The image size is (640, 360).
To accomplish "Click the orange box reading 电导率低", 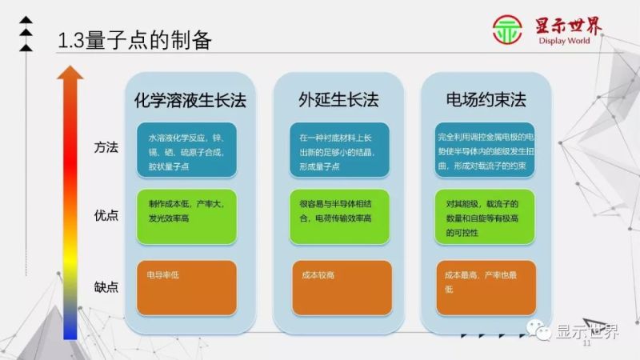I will tap(186, 287).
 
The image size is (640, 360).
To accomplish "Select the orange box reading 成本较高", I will tap(339, 287).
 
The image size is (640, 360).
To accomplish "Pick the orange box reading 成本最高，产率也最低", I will tap(486, 287).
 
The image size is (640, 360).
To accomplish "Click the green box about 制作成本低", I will tap(186, 217).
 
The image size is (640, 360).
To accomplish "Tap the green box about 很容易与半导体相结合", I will tap(339, 217).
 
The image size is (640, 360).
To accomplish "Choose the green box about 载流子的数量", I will tap(486, 217).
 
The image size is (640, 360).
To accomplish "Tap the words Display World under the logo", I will tap(569, 42).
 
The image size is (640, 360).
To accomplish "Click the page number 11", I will tap(586, 344).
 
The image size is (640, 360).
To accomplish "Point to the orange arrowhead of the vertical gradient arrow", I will tap(70, 74).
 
